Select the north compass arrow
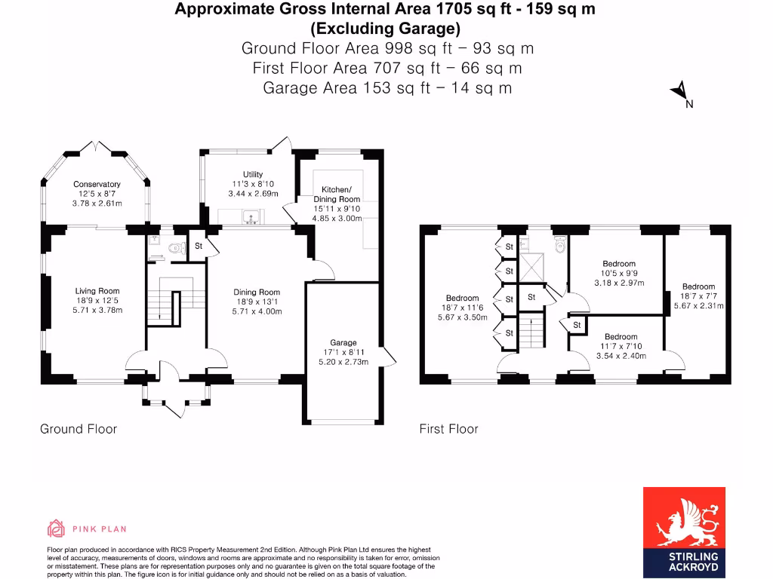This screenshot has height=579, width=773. click(x=680, y=93)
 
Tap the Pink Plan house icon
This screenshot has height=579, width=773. click(x=57, y=528)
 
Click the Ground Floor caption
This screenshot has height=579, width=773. click(x=79, y=429)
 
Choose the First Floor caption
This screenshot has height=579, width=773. click(x=448, y=429)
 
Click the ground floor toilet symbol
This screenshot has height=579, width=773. click(x=178, y=247)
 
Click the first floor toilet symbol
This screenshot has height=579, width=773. click(x=559, y=244)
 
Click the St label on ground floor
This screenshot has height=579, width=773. click(x=199, y=246)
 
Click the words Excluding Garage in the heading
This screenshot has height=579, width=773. click(x=386, y=29)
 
